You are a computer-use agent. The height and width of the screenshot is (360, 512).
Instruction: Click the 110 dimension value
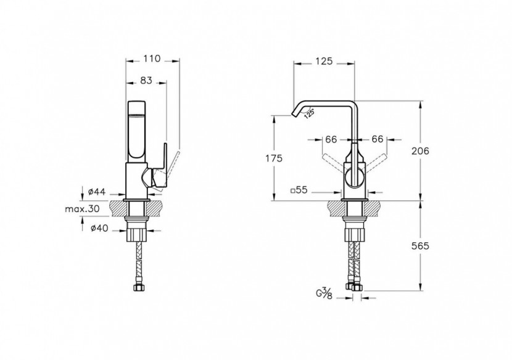(152, 59)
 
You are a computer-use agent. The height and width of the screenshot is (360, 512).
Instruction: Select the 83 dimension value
(146, 80)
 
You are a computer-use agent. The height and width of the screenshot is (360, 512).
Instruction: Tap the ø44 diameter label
(97, 192)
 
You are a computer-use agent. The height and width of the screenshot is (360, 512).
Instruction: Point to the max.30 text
(82, 209)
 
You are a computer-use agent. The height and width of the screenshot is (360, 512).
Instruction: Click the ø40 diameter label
(99, 228)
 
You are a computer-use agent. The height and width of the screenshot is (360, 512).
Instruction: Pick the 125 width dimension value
(324, 61)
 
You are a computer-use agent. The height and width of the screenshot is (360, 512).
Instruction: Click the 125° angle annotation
(310, 113)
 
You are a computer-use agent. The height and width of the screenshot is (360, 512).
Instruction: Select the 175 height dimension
(274, 158)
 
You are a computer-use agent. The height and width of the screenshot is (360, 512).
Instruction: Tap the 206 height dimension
(420, 151)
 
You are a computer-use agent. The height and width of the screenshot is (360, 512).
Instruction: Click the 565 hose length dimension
(420, 246)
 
